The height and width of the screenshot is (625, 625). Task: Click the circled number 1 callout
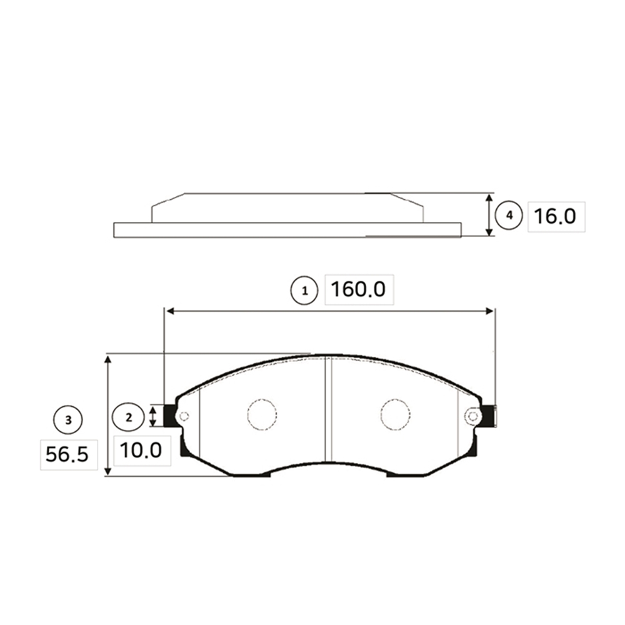pos(304,291)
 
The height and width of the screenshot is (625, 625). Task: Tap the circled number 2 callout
pos(128,417)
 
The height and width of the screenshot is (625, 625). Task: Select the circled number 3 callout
pos(68,420)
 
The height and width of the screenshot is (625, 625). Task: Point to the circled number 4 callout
pos(509,216)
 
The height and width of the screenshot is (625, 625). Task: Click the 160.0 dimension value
pos(358,289)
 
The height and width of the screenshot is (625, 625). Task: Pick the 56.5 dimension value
pos(67,454)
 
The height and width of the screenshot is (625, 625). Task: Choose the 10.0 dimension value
pos(141,451)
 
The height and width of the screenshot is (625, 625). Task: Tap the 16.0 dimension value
pos(555,216)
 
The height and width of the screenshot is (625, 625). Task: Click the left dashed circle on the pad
pos(262,414)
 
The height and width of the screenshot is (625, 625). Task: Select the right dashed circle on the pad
pos(396,414)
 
